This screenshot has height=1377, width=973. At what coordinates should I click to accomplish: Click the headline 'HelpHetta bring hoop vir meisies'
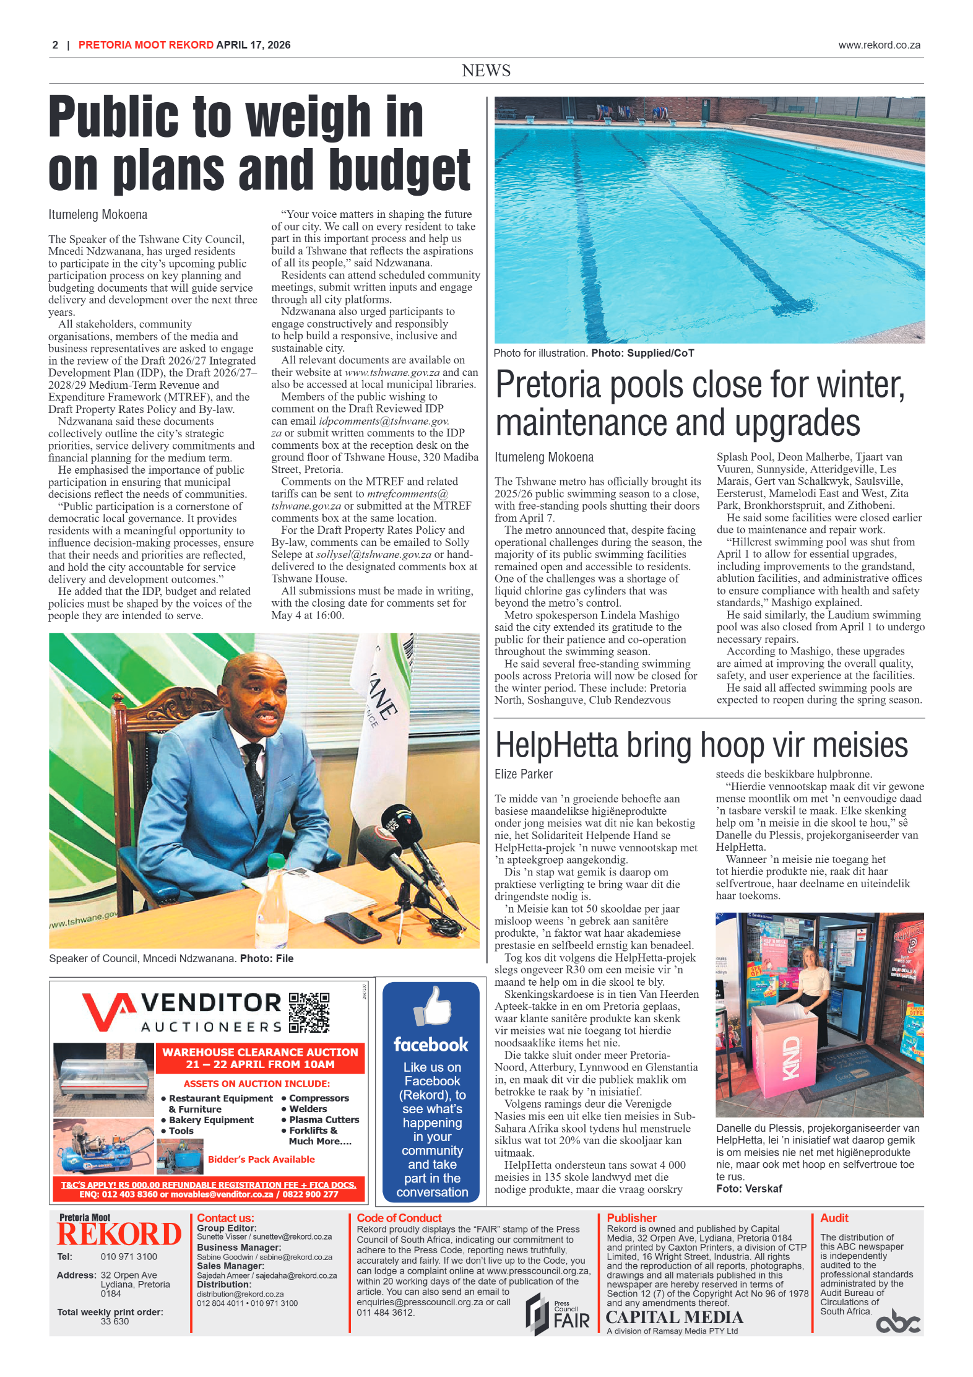pos(701,745)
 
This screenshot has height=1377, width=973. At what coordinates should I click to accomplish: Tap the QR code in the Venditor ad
pos(309,1012)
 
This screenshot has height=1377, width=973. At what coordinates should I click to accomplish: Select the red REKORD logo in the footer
pos(119,1234)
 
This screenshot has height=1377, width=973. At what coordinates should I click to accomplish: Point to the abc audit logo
pos(897,1322)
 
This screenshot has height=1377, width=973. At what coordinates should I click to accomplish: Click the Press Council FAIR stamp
pos(558,1314)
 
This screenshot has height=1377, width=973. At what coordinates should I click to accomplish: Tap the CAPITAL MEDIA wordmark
pos(674,1317)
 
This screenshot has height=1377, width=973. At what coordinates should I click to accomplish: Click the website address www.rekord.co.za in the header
pos(879,45)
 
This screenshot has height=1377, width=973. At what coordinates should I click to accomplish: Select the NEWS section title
pos(486,71)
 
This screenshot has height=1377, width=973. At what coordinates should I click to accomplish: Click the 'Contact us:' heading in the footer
pos(225,1218)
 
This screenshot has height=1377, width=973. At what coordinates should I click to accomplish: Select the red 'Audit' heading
pos(834,1218)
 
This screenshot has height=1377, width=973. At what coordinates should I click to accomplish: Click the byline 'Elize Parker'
pos(523,774)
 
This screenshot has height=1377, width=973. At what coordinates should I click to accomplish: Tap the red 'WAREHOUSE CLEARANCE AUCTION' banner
pos(260,1058)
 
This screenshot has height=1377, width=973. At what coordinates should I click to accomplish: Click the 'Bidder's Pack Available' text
pos(261,1159)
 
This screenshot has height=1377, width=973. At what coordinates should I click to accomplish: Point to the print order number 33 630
pos(115,1321)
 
